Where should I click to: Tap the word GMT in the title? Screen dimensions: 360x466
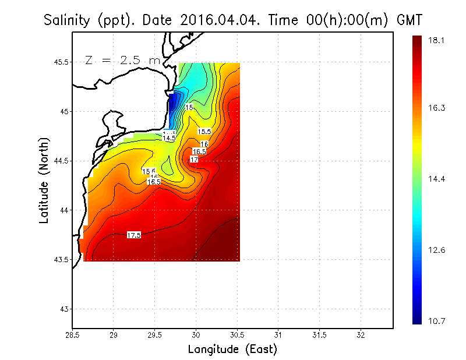[409, 20]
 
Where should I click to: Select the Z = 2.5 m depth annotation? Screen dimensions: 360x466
[123, 60]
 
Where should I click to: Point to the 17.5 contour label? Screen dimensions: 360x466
[134, 235]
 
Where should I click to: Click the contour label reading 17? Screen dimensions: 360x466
[195, 159]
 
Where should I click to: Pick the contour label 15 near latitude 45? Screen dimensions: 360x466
[189, 107]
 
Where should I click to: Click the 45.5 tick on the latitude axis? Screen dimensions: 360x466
[60, 62]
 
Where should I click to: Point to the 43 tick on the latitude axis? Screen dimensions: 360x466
[63, 309]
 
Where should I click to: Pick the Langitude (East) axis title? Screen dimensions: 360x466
[232, 350]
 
